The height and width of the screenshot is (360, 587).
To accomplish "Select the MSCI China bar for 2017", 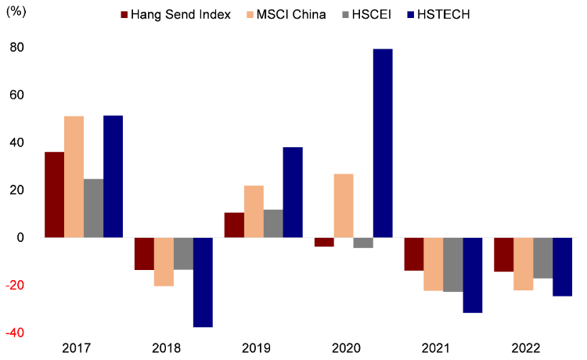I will pyautogui.click(x=74, y=177).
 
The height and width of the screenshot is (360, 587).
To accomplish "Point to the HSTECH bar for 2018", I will pyautogui.click(x=203, y=282).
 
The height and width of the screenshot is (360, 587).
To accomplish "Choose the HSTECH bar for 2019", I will pyautogui.click(x=293, y=193).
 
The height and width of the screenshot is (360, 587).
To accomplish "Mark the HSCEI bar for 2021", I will pyautogui.click(x=453, y=265).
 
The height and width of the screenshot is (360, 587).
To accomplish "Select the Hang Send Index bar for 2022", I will pyautogui.click(x=504, y=254).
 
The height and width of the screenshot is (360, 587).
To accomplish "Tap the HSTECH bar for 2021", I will pyautogui.click(x=473, y=275).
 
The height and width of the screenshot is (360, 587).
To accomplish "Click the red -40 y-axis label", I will pyautogui.click(x=16, y=333).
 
